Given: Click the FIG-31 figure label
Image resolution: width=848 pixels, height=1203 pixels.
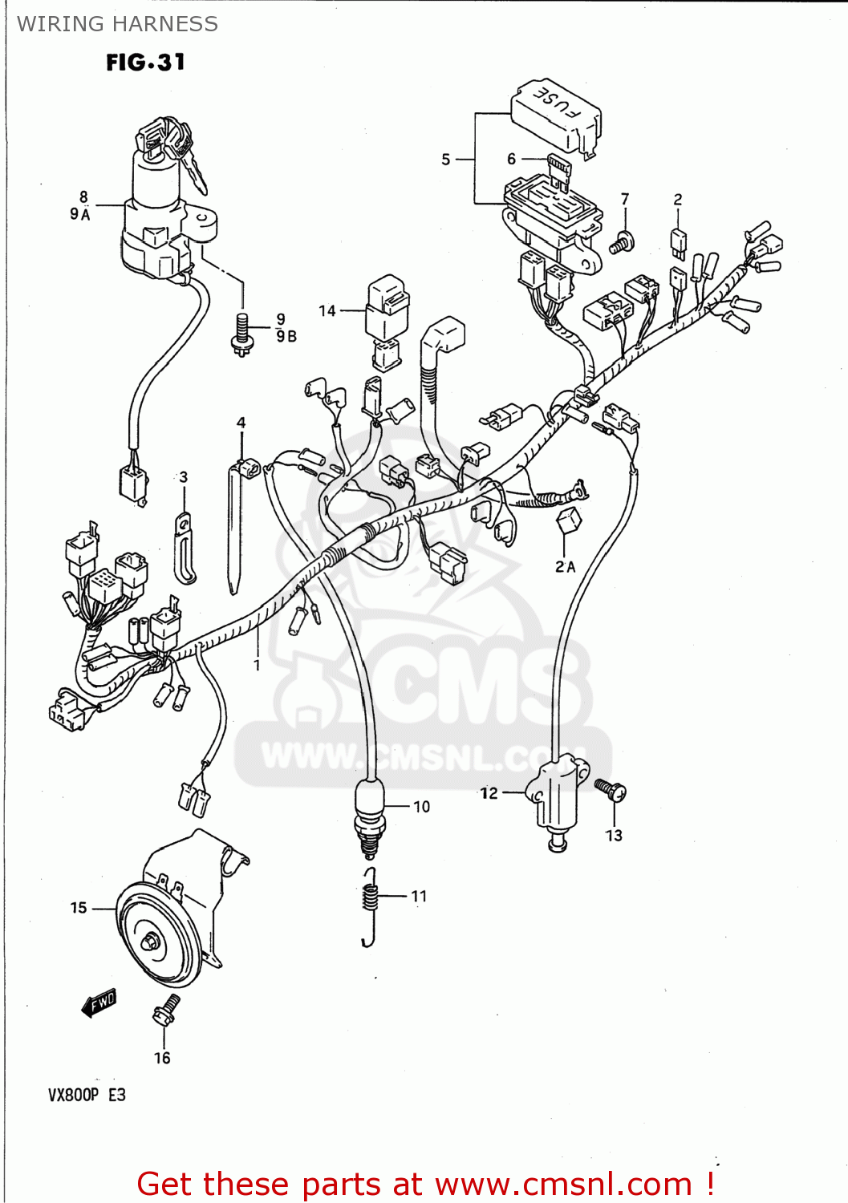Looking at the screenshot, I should point(145,63).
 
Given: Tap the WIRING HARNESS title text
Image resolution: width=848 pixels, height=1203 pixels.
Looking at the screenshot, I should point(117,24).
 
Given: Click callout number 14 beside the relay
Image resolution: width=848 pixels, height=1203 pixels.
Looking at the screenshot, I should point(327,311).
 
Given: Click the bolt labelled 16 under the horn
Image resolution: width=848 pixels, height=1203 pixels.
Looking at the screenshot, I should point(167,1010).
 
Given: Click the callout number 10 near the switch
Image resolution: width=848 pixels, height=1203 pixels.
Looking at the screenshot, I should point(422,807).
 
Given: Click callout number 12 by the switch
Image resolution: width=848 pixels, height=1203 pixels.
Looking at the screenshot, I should point(489,793).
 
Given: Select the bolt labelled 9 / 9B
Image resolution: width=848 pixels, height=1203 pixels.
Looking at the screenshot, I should point(241,333).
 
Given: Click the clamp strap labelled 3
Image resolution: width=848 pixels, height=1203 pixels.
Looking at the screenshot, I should point(185,549).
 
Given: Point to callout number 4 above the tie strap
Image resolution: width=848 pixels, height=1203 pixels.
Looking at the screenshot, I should point(241,423).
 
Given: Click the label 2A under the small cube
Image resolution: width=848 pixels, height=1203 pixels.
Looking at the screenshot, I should point(565,567).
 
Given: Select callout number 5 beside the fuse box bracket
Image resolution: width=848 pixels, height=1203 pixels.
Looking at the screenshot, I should point(446,160).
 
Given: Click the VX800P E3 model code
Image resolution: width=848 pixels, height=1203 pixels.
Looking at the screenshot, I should point(87,1095).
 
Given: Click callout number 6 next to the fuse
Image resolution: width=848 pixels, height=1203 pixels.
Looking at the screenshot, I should point(511,159).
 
